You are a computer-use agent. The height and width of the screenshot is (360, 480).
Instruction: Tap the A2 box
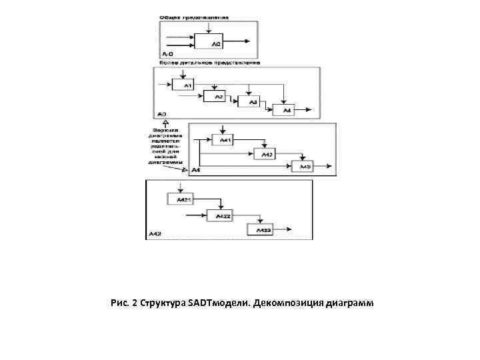(218, 97)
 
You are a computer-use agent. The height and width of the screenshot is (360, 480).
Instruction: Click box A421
(180, 199)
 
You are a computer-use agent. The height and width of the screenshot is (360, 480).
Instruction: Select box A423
(261, 229)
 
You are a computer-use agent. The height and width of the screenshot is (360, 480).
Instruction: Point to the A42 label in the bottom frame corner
(155, 234)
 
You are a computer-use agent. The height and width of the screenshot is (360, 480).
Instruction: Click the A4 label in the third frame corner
(195, 171)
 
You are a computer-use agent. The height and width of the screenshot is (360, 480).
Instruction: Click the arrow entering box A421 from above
(181, 189)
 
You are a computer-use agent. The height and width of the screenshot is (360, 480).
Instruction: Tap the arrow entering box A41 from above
(222, 131)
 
